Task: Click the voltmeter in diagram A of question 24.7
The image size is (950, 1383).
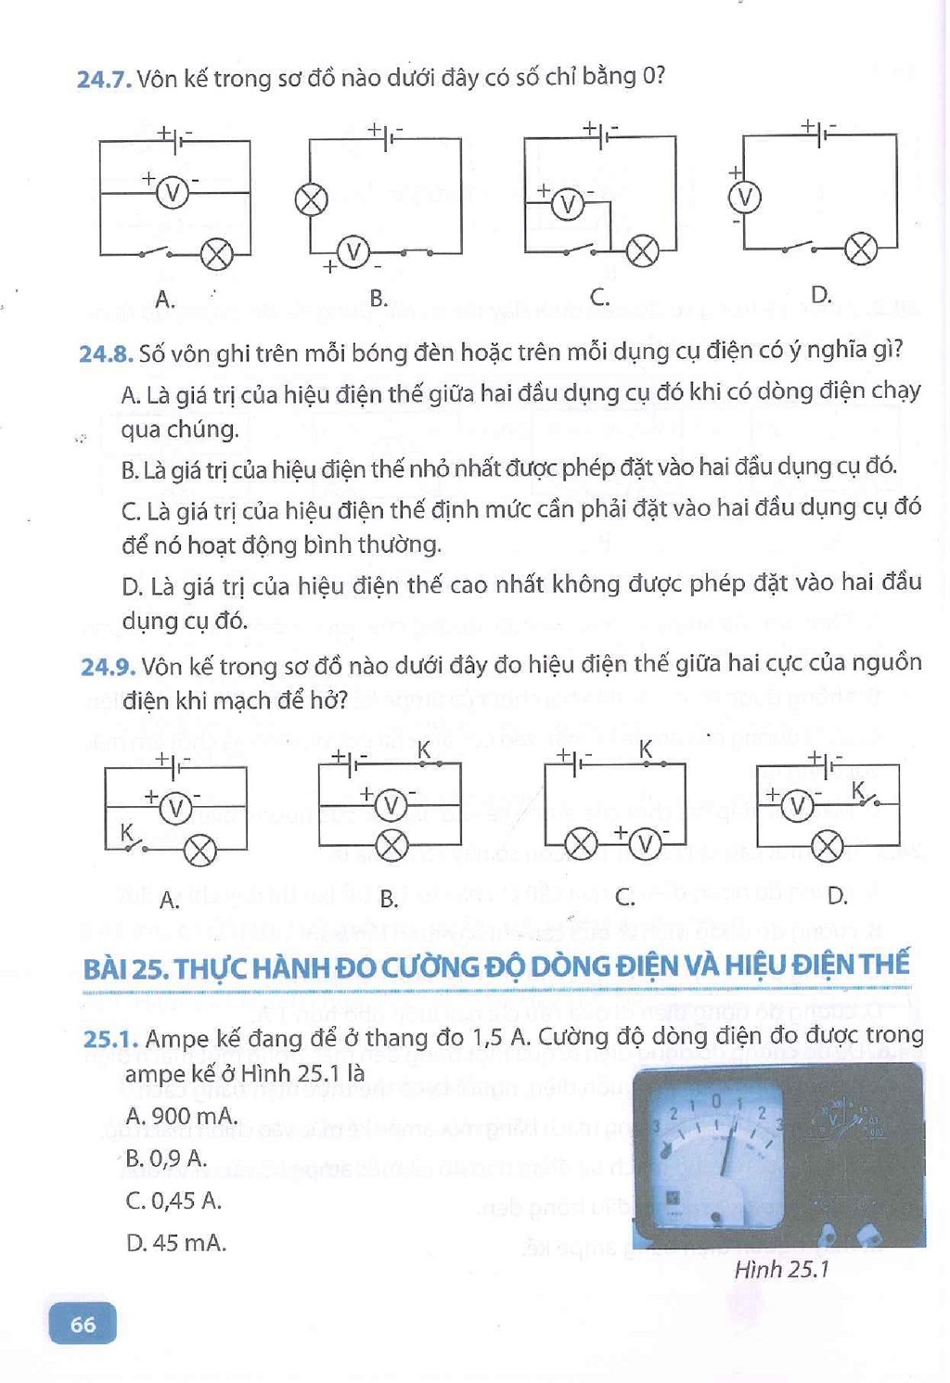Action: pyautogui.click(x=173, y=193)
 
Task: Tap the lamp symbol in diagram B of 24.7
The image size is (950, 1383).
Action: pyautogui.click(x=311, y=200)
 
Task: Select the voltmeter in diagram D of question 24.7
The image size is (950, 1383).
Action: pyautogui.click(x=745, y=198)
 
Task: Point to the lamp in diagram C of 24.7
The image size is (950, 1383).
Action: pyautogui.click(x=642, y=252)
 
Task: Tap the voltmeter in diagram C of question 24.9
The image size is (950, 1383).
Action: pyautogui.click(x=645, y=843)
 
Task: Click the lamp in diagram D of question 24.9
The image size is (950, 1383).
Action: pyautogui.click(x=828, y=846)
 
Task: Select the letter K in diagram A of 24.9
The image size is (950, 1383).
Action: pyautogui.click(x=126, y=832)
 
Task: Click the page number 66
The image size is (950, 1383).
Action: pyautogui.click(x=83, y=1323)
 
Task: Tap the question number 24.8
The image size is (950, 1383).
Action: pyautogui.click(x=106, y=353)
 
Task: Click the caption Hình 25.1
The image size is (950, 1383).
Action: pyautogui.click(x=781, y=1270)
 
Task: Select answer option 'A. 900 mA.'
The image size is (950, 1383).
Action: pyautogui.click(x=182, y=1116)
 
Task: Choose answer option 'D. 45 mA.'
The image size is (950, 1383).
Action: pyautogui.click(x=176, y=1242)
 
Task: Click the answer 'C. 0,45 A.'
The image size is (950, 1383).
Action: pyautogui.click(x=173, y=1200)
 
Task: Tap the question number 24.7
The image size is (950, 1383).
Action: pyautogui.click(x=105, y=80)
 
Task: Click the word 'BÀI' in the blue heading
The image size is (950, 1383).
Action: pyautogui.click(x=106, y=968)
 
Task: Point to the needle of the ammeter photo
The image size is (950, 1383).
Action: pyautogui.click(x=727, y=1146)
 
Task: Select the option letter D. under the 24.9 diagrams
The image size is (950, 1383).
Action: pyautogui.click(x=837, y=895)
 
